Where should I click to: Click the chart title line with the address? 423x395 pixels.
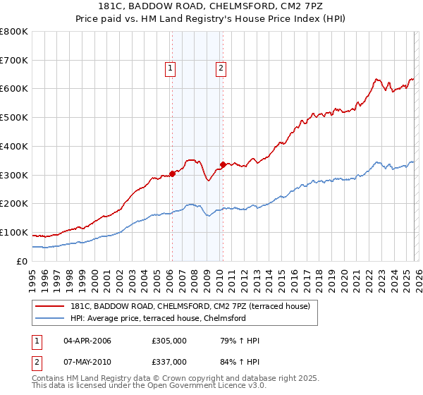(x=211, y=7)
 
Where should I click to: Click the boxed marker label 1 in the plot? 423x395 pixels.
(x=171, y=68)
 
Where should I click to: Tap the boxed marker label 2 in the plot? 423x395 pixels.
(x=221, y=68)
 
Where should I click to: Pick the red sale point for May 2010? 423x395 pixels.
(x=223, y=164)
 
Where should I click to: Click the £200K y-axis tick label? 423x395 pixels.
(x=14, y=204)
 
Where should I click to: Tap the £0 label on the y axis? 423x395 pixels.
(x=23, y=262)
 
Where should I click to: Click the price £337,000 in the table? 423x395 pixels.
(x=169, y=362)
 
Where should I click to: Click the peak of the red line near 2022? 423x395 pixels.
(x=376, y=79)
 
